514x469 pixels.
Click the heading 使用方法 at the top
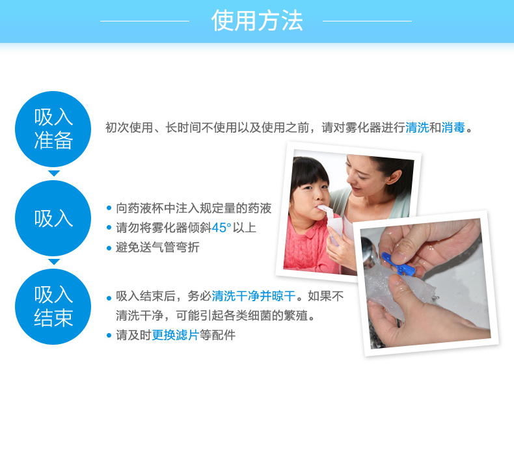click(256, 21)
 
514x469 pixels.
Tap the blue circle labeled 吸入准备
click(53, 129)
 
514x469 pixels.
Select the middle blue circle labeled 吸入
click(53, 219)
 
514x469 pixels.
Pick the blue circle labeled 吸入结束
click(53, 307)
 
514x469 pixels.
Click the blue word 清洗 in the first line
click(417, 127)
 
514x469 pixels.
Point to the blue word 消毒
click(453, 127)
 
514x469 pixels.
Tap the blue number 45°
click(221, 228)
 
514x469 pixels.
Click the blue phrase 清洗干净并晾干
click(254, 296)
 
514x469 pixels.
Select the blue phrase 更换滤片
click(176, 335)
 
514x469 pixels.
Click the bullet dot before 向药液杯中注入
click(109, 208)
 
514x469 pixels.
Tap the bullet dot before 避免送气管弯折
click(109, 248)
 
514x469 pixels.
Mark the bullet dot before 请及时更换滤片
click(109, 335)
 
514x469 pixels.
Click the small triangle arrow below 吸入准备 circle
click(54, 173)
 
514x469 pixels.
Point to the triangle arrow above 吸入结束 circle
click(54, 261)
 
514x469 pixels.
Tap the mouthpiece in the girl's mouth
click(325, 211)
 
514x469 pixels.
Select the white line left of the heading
click(144, 21)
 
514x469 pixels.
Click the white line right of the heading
click(367, 21)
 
